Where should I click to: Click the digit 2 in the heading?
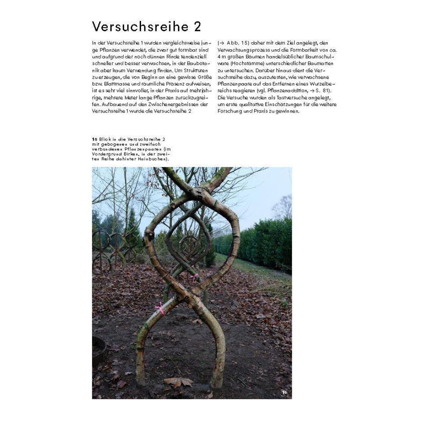pyautogui.click(x=196, y=27)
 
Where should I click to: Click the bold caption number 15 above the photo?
pyautogui.click(x=95, y=139)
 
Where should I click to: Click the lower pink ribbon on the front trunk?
pyautogui.click(x=159, y=307)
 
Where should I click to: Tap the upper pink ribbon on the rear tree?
pyautogui.click(x=193, y=276)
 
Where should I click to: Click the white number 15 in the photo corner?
pyautogui.click(x=285, y=393)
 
